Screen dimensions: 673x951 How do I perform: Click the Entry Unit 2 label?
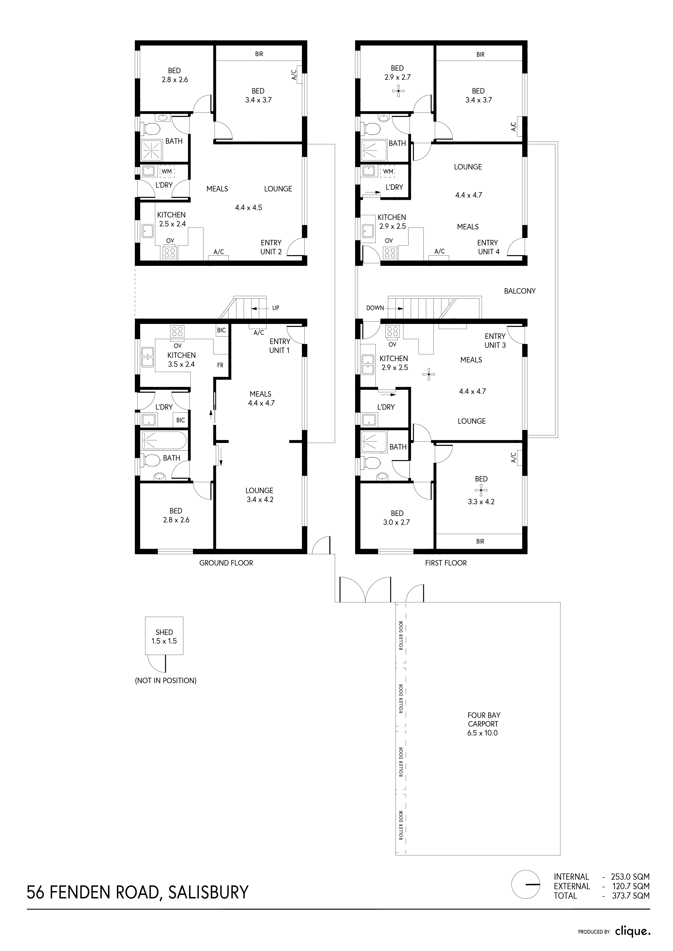[271, 247]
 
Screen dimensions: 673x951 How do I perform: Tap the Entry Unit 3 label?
[495, 340]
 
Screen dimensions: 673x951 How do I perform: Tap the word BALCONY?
[520, 291]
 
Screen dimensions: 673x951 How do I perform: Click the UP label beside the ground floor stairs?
[276, 308]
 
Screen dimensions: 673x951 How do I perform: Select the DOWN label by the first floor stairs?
[375, 308]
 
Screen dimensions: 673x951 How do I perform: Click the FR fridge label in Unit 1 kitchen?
[220, 365]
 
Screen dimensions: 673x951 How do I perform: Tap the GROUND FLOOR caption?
[226, 563]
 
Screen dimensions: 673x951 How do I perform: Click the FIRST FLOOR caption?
[446, 563]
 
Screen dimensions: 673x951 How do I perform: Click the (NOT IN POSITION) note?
[166, 680]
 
